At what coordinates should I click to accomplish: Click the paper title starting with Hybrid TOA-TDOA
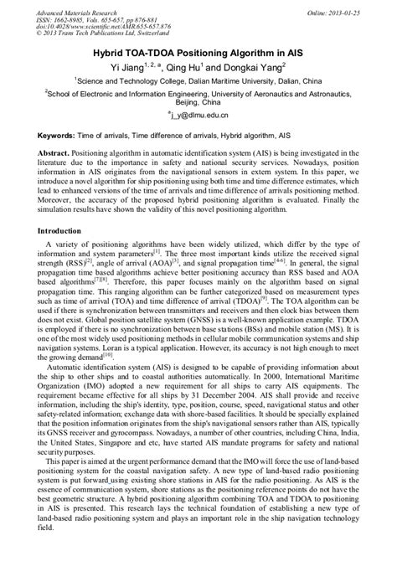coord(198,52)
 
